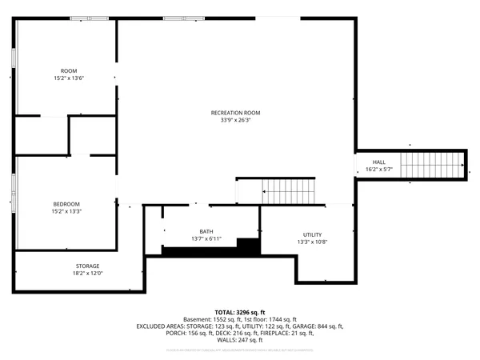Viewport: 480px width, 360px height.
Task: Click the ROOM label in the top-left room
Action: [x=69, y=71]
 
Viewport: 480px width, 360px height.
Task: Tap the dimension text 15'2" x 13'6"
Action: [x=69, y=78]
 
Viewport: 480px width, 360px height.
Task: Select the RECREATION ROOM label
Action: [x=236, y=113]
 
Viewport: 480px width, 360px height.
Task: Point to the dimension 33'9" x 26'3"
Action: [x=236, y=120]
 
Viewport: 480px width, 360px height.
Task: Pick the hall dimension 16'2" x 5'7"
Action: [x=378, y=170]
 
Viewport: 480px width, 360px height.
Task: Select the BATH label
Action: [x=206, y=232]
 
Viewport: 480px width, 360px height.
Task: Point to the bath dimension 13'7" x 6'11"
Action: [x=206, y=239]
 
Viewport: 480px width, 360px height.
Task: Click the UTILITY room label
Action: [x=312, y=234]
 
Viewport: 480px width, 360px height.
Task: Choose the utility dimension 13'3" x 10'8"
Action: [x=312, y=242]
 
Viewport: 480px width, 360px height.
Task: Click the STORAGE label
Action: [x=88, y=266]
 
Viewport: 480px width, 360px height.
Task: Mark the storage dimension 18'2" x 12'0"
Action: [x=88, y=274]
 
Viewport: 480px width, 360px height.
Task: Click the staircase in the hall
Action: [x=431, y=166]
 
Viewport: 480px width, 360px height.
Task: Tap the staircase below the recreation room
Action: [x=290, y=191]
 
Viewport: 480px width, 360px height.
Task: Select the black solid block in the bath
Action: [x=249, y=246]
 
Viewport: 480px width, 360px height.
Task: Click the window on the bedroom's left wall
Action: [x=14, y=191]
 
